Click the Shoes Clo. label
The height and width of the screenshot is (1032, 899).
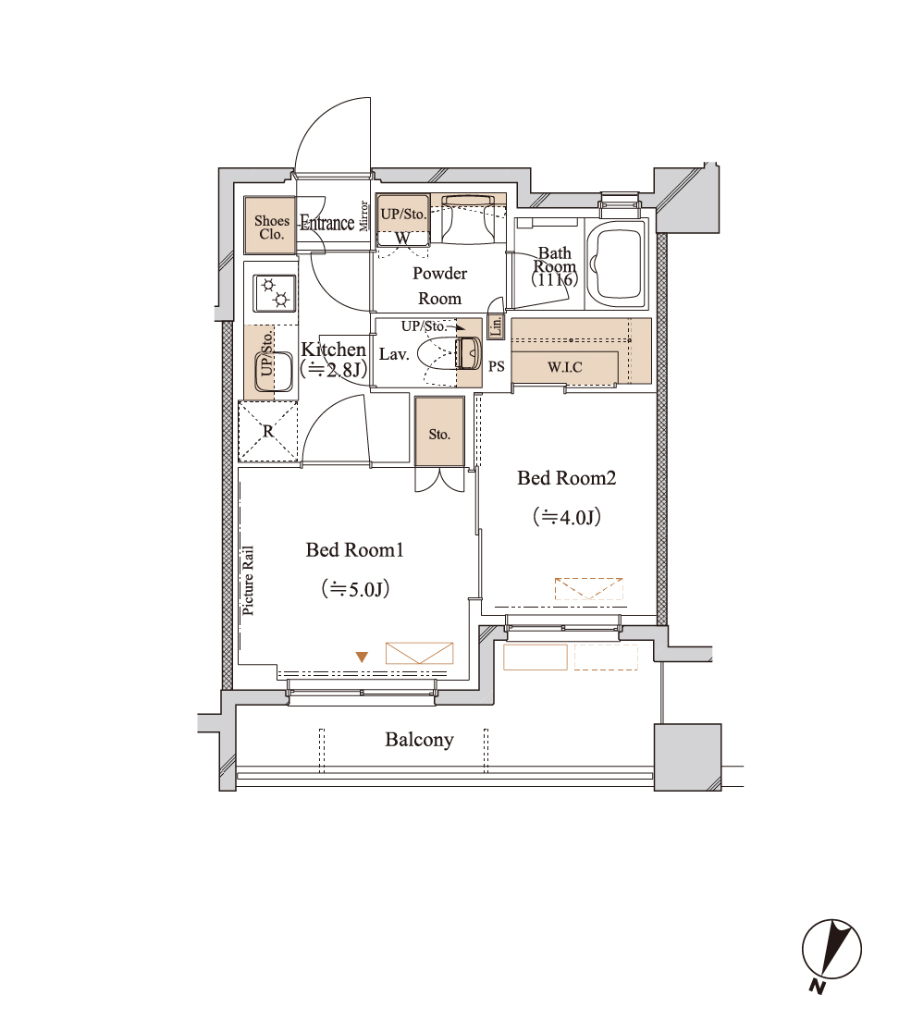coord(271,227)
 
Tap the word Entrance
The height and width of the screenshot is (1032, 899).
coord(327,223)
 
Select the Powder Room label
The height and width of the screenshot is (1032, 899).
coord(439,286)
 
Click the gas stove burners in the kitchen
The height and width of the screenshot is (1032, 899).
coord(275,293)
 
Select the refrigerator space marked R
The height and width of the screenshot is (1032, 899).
coord(268,431)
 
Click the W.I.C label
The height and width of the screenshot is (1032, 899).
coord(565,367)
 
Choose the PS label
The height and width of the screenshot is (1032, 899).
coord(497,366)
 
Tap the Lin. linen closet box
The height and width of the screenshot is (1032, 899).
coord(496,326)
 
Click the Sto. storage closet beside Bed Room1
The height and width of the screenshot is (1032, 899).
coord(439,432)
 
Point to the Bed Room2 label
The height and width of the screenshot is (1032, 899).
coord(567,478)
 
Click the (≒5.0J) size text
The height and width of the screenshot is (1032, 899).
coord(355,588)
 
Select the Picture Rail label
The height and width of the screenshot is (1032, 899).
coord(248,581)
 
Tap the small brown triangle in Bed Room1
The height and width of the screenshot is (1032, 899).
coord(362,657)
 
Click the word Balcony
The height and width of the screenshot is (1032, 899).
coord(419,740)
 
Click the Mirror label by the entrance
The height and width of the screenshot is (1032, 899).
coord(363,215)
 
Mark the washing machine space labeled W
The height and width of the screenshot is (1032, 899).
coord(402,239)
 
